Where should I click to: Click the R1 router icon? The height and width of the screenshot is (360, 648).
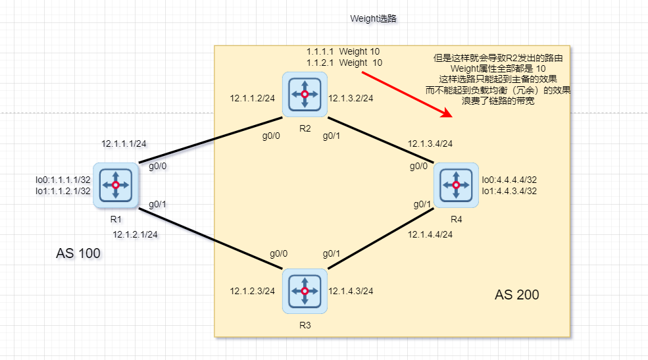[x=116, y=186]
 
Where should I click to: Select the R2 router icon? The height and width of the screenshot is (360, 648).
[x=305, y=95]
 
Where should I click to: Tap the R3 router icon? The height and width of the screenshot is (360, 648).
[x=304, y=290]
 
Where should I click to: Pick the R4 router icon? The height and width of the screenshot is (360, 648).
[x=456, y=184]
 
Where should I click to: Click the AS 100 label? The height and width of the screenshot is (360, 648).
[x=78, y=253]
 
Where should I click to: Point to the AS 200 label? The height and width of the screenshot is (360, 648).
[x=516, y=295]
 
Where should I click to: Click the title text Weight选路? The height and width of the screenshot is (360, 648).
[x=373, y=19]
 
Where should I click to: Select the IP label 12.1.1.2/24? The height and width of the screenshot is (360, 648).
[x=252, y=98]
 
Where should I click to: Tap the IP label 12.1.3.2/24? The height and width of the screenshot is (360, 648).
[x=351, y=98]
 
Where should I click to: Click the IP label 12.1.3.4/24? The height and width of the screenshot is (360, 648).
[x=430, y=143]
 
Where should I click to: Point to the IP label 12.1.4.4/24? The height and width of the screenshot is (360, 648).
[x=430, y=234]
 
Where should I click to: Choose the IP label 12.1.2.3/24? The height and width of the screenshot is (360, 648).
[x=252, y=291]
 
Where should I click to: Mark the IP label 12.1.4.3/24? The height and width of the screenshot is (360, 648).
[x=351, y=291]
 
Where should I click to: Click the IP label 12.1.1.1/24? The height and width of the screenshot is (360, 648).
[x=123, y=143]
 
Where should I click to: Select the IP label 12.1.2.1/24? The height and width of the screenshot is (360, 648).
[x=135, y=234]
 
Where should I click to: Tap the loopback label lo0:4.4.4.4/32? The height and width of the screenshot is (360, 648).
[x=510, y=180]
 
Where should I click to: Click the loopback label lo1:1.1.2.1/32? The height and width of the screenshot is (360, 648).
[x=63, y=191]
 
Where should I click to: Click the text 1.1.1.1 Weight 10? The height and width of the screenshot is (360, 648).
[x=343, y=51]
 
